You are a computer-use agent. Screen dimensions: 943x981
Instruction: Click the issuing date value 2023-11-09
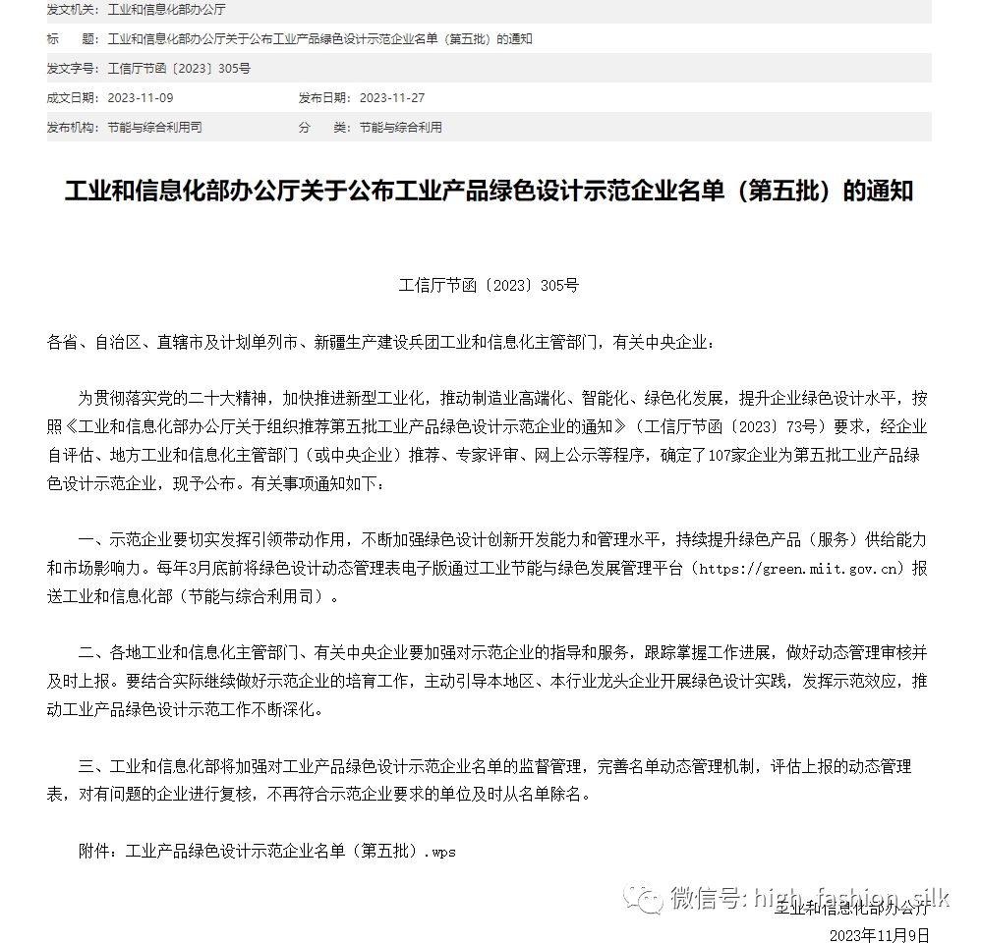click(140, 98)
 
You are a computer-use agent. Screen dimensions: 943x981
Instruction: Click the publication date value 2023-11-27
click(391, 98)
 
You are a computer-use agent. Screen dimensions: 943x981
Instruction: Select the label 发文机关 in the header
click(72, 9)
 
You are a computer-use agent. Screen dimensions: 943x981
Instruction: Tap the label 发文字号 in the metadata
click(72, 69)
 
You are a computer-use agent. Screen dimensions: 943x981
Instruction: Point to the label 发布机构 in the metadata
click(72, 128)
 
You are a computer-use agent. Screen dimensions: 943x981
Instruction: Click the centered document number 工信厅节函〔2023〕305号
click(489, 286)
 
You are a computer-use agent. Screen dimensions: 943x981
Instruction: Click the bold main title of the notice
click(489, 191)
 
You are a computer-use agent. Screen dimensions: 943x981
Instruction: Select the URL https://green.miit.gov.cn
click(800, 569)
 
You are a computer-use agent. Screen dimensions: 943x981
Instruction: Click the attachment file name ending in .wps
click(291, 851)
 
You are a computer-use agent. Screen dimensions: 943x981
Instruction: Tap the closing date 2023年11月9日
click(879, 935)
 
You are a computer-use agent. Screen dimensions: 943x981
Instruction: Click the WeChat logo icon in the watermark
click(649, 898)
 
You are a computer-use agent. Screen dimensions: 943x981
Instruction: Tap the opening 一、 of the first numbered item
click(92, 540)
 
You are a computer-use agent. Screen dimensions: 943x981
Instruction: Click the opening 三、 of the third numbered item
click(92, 766)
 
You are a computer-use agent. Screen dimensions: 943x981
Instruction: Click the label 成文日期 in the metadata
click(72, 98)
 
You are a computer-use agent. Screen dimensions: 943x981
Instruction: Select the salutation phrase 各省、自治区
click(94, 343)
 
